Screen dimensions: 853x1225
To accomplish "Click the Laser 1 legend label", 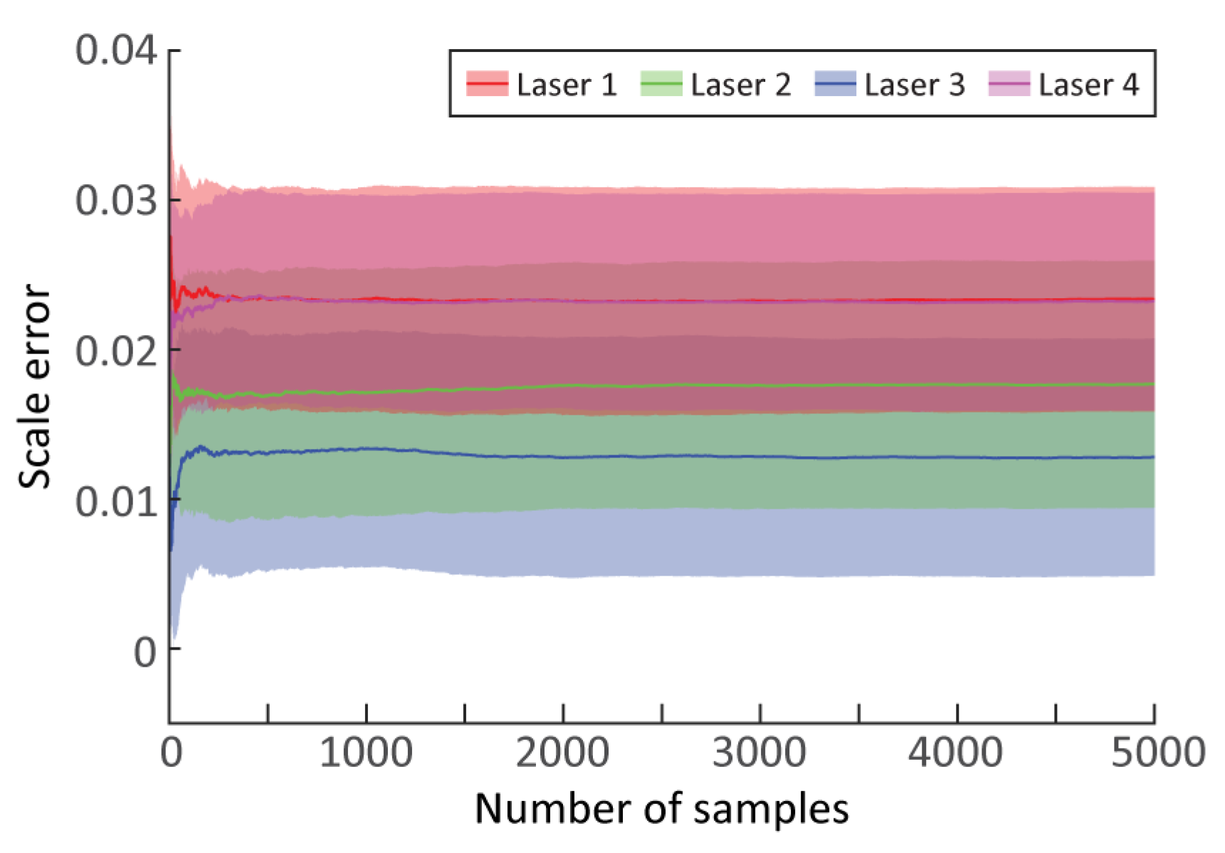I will [566, 85].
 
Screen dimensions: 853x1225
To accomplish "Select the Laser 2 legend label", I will [740, 85].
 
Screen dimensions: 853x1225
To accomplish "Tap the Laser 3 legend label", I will [914, 85].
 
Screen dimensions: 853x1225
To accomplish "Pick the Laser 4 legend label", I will [1088, 85].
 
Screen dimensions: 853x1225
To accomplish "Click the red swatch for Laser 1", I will [487, 84].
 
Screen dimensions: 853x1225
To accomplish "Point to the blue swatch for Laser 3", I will [835, 84].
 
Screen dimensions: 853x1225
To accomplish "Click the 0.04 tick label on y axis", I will [115, 51].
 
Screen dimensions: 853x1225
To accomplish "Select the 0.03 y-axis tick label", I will [115, 201].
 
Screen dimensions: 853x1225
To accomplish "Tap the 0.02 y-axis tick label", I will [115, 351].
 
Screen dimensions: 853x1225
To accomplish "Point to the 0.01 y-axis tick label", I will [115, 502].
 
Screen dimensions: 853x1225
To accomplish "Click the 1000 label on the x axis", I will [366, 753].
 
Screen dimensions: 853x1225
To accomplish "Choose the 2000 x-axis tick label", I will [563, 753].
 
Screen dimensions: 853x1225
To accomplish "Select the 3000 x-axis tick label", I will [759, 753].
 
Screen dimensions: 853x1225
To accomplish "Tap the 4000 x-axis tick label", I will [956, 753].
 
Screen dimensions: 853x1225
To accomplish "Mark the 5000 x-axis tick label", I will [1157, 753].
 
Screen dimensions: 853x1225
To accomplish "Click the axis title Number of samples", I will [662, 810].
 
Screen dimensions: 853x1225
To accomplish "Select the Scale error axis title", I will [34, 386].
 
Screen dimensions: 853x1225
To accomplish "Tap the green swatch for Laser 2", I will [661, 84].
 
